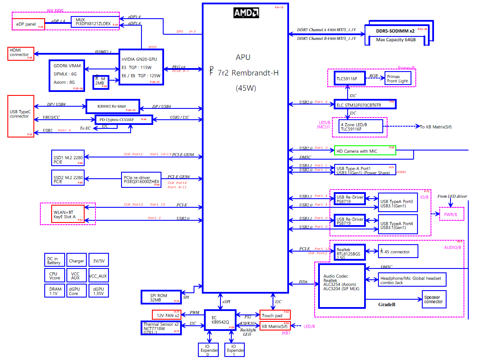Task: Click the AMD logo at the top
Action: point(246,12)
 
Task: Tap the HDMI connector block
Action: point(20,53)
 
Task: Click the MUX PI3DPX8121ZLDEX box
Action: point(95,22)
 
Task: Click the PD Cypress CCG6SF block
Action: point(124,119)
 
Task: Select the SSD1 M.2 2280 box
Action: point(67,157)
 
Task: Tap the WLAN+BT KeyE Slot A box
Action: point(68,213)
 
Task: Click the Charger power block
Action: point(76,261)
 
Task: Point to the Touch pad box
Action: point(275,315)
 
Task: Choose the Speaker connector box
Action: point(434,299)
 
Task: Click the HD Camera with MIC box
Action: point(365,151)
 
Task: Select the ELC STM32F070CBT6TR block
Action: point(365,105)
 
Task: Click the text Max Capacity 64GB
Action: point(396,40)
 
